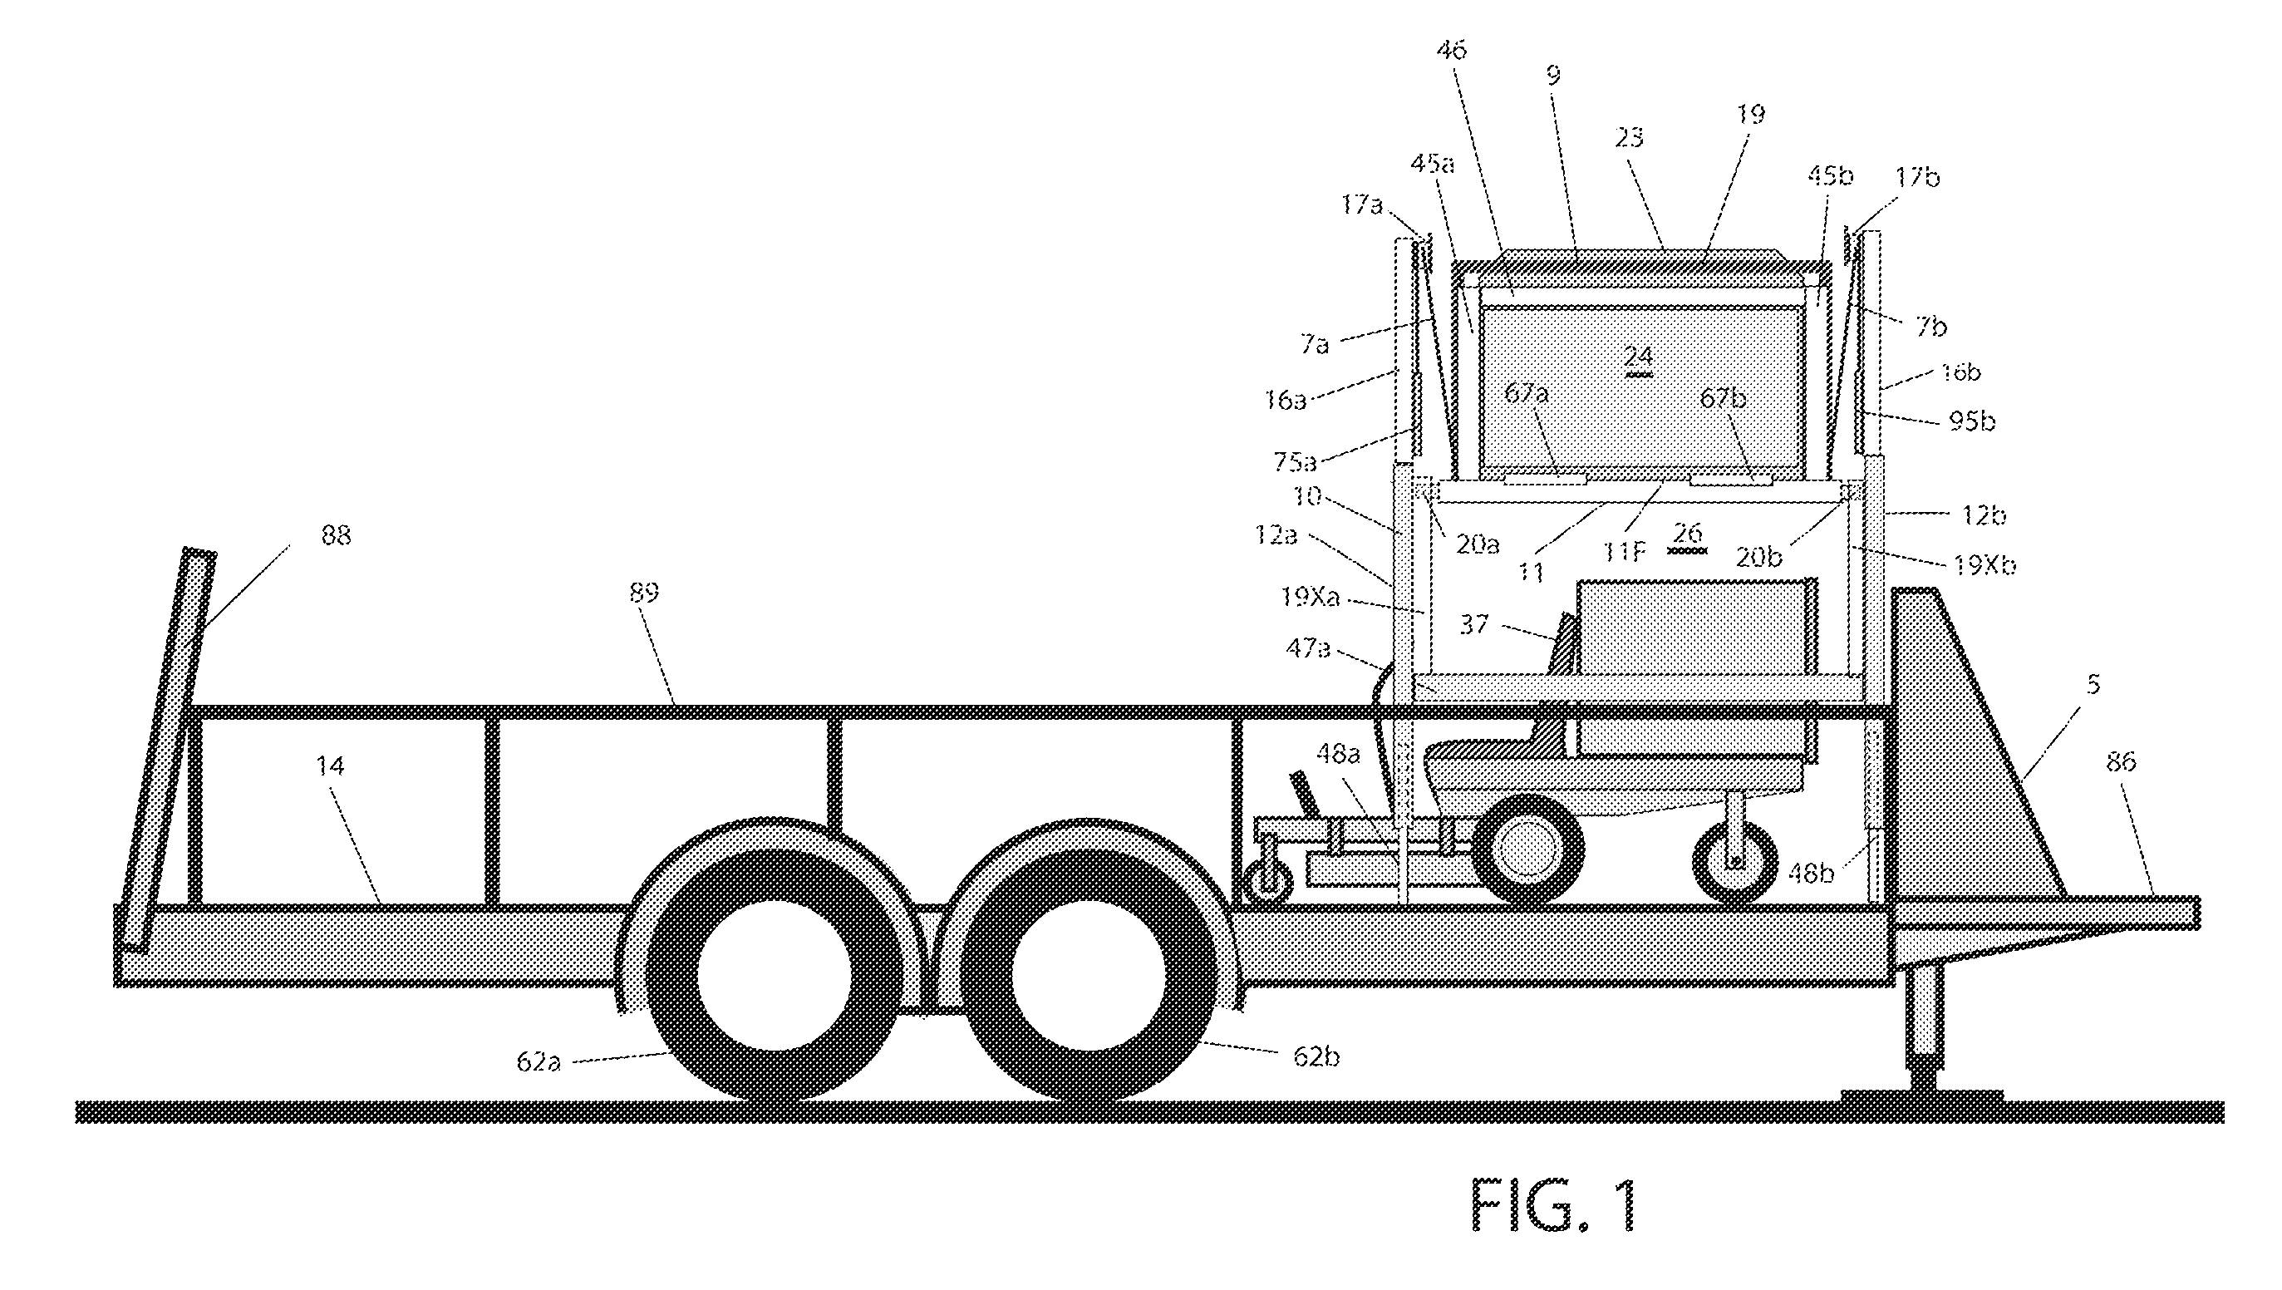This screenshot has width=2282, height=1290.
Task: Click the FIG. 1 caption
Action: [1553, 1205]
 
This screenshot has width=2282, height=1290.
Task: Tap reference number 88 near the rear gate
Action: [336, 535]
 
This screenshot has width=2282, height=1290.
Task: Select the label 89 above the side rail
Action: [644, 592]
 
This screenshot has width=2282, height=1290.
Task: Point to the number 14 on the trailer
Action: [330, 766]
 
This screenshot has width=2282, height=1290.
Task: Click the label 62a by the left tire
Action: [539, 1061]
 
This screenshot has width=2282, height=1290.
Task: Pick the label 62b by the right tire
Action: [1316, 1057]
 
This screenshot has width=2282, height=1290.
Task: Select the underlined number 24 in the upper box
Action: [1639, 358]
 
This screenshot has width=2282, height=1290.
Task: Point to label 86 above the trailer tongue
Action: [2122, 762]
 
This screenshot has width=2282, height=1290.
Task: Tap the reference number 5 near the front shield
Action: [2093, 684]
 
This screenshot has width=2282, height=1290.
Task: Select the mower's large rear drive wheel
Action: [1527, 849]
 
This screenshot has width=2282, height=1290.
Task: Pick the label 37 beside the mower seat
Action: [1474, 624]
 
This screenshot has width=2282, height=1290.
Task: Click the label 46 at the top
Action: [1451, 50]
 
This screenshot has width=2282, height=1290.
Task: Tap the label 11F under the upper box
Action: [1622, 554]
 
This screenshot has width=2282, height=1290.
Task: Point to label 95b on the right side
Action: [1972, 421]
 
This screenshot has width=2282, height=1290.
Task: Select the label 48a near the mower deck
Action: [1338, 754]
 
